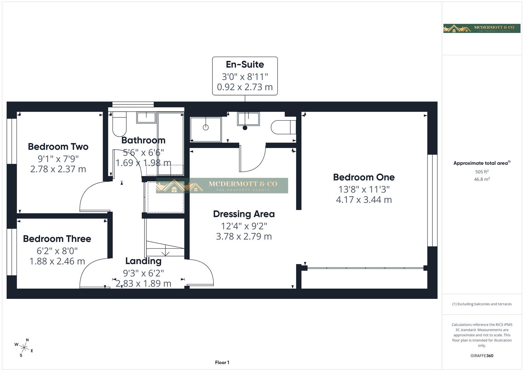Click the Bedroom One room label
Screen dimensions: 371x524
coord(364,177)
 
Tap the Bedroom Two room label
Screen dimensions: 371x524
coord(58,147)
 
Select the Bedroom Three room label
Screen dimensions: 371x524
coord(57,239)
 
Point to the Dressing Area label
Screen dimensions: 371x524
coord(244,214)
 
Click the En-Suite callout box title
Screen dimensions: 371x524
coord(245,65)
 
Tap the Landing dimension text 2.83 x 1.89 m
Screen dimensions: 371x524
coord(143,283)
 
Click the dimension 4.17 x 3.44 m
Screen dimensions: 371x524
coord(364,200)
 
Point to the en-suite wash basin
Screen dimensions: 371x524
coord(248,119)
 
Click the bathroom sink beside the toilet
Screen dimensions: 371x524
coord(147,117)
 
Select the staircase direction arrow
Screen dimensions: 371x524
coord(165,252)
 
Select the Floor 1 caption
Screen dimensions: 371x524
coord(222,362)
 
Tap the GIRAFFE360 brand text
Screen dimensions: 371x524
coord(482,356)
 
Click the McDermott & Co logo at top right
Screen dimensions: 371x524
coord(481,29)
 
